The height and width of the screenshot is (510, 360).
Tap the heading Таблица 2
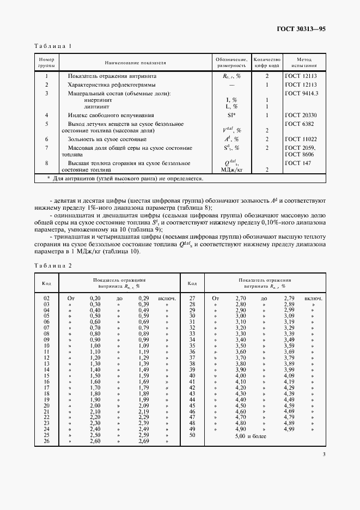(x=53, y=265)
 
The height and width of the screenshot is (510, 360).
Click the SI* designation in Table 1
(x=231, y=116)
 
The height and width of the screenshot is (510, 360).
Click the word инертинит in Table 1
(x=100, y=100)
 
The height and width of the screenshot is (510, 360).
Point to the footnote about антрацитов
(x=125, y=178)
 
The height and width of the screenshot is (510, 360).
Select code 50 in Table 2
(x=192, y=435)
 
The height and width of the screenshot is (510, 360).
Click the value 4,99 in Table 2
(x=289, y=429)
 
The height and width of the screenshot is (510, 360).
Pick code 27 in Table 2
(x=192, y=298)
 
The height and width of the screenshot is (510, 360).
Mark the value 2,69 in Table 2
(x=144, y=441)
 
